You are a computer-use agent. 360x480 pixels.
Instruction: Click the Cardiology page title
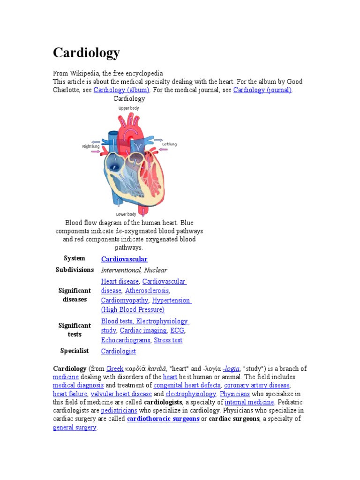coord(86,53)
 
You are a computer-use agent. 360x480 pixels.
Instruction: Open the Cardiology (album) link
coord(121,90)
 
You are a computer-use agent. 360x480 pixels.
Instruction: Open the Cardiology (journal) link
coord(262,90)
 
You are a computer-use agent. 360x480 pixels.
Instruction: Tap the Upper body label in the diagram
coord(128,108)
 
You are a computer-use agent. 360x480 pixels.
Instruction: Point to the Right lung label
coord(91,147)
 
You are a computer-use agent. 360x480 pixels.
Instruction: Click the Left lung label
coord(169,144)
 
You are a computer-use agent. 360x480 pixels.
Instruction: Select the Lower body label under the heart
coord(126,215)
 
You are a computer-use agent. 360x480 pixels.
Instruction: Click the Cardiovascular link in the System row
coord(124,259)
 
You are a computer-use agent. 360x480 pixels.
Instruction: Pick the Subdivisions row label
coord(75,270)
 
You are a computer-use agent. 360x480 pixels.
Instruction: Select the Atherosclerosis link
coord(147,291)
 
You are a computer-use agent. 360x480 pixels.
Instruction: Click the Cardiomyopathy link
coord(125,300)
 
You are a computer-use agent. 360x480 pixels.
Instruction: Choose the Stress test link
coord(168,340)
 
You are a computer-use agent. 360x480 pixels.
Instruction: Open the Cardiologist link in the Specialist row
coord(119,351)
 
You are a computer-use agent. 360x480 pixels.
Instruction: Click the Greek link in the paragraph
coord(115,369)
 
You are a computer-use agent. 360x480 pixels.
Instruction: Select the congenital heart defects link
coord(187,385)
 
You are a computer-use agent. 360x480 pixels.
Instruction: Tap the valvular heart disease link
coord(121,394)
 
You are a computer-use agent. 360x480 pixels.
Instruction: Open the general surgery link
coord(75,428)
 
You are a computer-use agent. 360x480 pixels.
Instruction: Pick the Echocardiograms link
coord(126,340)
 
